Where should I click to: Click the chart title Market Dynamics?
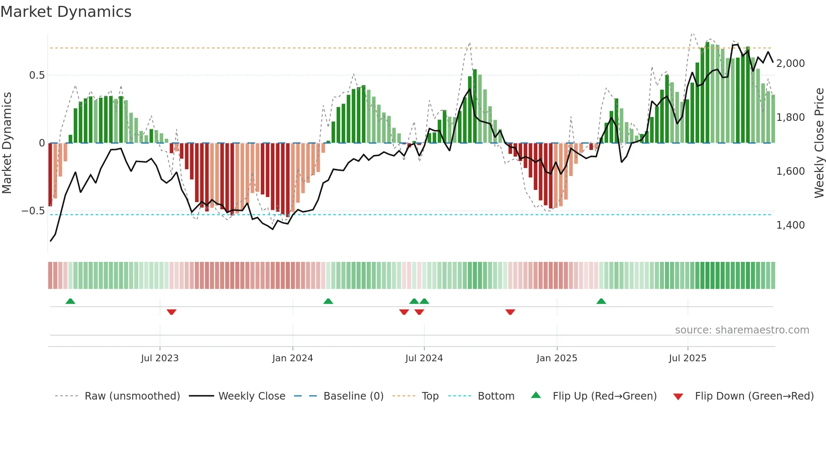point(66,12)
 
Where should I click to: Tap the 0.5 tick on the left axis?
point(37,75)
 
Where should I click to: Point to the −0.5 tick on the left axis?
point(33,211)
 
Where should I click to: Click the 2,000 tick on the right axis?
point(790,64)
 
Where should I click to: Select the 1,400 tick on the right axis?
point(790,225)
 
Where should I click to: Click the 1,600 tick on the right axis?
point(790,171)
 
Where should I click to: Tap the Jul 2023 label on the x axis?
point(160,358)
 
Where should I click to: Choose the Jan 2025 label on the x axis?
point(557,358)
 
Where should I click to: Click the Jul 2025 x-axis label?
point(687,358)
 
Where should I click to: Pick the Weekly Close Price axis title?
point(819,143)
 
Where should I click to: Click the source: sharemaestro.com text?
point(742,330)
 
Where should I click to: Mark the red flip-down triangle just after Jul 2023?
point(172,312)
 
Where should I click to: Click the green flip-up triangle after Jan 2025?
point(601,301)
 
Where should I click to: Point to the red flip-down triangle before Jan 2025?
point(510,312)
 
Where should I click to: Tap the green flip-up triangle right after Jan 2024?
point(328,301)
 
